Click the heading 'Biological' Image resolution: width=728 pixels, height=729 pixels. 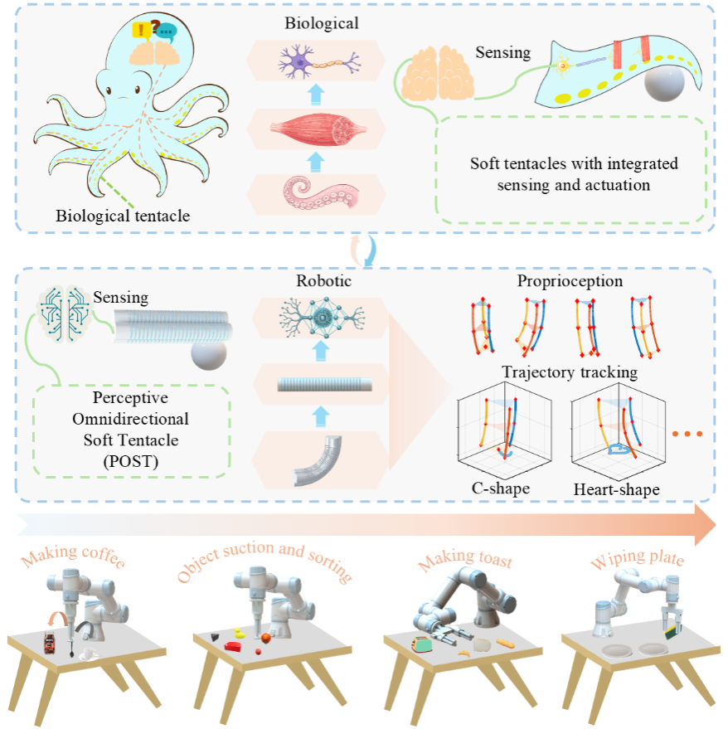point(322,23)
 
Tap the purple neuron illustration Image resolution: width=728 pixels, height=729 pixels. point(319,62)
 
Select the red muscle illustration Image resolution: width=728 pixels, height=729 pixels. point(318,129)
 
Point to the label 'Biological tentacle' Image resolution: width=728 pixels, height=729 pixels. point(123,216)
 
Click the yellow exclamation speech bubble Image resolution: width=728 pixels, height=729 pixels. point(141,30)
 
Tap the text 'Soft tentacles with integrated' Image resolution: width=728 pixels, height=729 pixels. point(574,163)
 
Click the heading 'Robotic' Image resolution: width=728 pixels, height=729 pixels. point(323,281)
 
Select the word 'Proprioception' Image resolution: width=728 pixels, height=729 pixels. point(570,281)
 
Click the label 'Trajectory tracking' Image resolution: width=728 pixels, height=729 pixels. point(570,372)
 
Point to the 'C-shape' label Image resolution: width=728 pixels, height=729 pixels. point(501,488)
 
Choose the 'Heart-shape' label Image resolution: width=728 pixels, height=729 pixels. point(616,489)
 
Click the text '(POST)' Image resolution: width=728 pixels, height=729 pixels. point(131,461)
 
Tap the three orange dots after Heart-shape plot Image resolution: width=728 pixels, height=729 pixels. point(687,434)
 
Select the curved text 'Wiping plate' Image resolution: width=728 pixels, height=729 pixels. point(638,558)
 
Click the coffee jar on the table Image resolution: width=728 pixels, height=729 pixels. point(49,643)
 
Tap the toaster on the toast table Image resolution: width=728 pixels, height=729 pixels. point(422,645)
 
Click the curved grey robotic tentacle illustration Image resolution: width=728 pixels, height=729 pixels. point(318,459)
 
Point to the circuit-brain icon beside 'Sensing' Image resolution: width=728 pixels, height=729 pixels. point(64,313)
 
